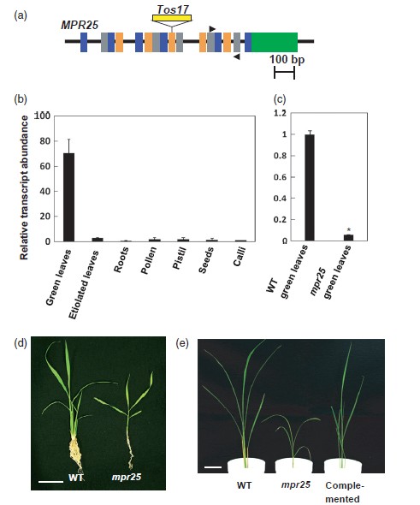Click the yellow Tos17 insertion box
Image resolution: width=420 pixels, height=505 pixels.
tap(172, 18)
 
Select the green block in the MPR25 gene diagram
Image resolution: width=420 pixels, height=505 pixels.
tap(275, 42)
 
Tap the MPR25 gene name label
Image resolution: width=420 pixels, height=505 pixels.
tap(80, 25)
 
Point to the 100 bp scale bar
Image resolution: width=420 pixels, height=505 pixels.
tap(284, 73)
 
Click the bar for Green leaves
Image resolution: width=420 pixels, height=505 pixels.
tap(68, 197)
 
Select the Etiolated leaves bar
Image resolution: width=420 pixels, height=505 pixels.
tap(98, 240)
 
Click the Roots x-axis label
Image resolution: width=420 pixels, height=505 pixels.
tap(121, 260)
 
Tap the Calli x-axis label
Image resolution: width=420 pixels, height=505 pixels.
tap(240, 257)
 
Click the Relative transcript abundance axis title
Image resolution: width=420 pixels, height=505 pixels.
tap(24, 187)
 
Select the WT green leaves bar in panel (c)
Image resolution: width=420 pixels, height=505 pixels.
tap(310, 187)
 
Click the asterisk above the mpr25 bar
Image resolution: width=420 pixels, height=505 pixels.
tap(349, 230)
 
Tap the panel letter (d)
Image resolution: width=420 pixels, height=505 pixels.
tap(21, 343)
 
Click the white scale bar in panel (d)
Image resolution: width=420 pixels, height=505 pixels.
tap(50, 482)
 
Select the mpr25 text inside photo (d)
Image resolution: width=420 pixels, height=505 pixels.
tap(127, 477)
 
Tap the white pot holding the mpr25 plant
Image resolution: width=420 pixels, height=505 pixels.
tap(293, 466)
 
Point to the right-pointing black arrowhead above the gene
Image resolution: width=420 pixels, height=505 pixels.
tap(212, 29)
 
